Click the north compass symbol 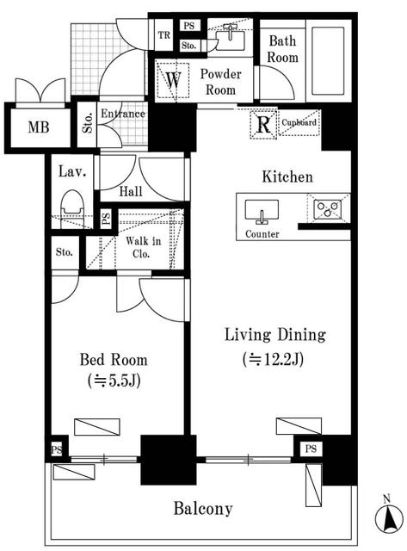coord(388,517)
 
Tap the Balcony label coord(203,509)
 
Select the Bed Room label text coord(114,360)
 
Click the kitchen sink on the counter coord(261,212)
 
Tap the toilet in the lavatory coord(71,205)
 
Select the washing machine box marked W coord(173,80)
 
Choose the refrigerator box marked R coord(262,122)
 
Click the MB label coord(37,128)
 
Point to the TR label coord(163,35)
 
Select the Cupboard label coord(299,122)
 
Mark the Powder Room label coord(221,81)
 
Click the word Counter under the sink coord(262,234)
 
